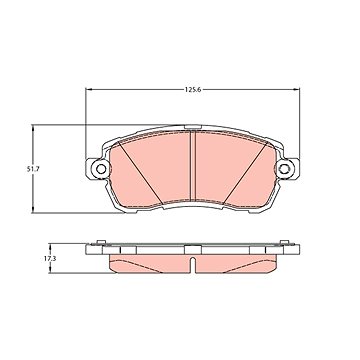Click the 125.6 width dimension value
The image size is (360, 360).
(193, 89)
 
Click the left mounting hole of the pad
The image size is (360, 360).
(101, 169)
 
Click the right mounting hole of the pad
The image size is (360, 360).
(284, 169)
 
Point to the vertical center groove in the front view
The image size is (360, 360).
(193, 166)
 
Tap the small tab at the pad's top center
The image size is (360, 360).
(193, 127)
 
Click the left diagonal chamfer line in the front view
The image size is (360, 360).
(141, 172)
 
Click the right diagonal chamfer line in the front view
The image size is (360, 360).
(245, 172)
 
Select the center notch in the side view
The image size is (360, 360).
(193, 265)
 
